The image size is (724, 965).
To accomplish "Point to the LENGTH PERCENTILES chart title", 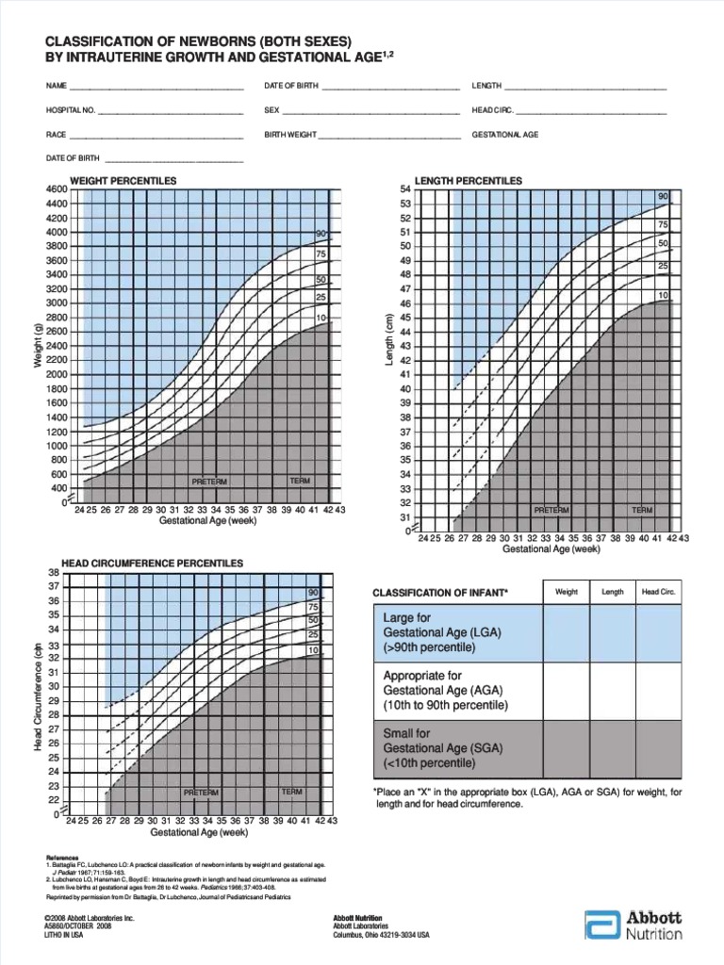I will pyautogui.click(x=469, y=180).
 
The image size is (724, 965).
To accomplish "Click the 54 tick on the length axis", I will pyautogui.click(x=405, y=189).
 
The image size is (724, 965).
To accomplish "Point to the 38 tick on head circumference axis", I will pyautogui.click(x=54, y=572).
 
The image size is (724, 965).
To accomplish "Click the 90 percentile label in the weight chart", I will pyautogui.click(x=321, y=234).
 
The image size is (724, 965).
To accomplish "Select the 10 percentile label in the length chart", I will pyautogui.click(x=663, y=295).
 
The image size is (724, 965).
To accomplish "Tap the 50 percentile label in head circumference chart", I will pyautogui.click(x=313, y=621).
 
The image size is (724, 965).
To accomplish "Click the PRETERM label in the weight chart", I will pyautogui.click(x=209, y=482).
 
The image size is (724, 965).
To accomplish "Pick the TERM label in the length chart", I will pyautogui.click(x=642, y=510).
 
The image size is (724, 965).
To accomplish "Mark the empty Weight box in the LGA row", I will pyautogui.click(x=567, y=632).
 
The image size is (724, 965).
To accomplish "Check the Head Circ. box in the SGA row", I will pyautogui.click(x=659, y=748).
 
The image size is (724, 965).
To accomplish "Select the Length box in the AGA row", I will pyautogui.click(x=613, y=691).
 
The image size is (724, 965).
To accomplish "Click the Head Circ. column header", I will pyautogui.click(x=659, y=592).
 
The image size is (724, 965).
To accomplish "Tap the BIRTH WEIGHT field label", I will pyautogui.click(x=289, y=135).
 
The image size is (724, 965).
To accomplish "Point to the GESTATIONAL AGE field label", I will pyautogui.click(x=505, y=135).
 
